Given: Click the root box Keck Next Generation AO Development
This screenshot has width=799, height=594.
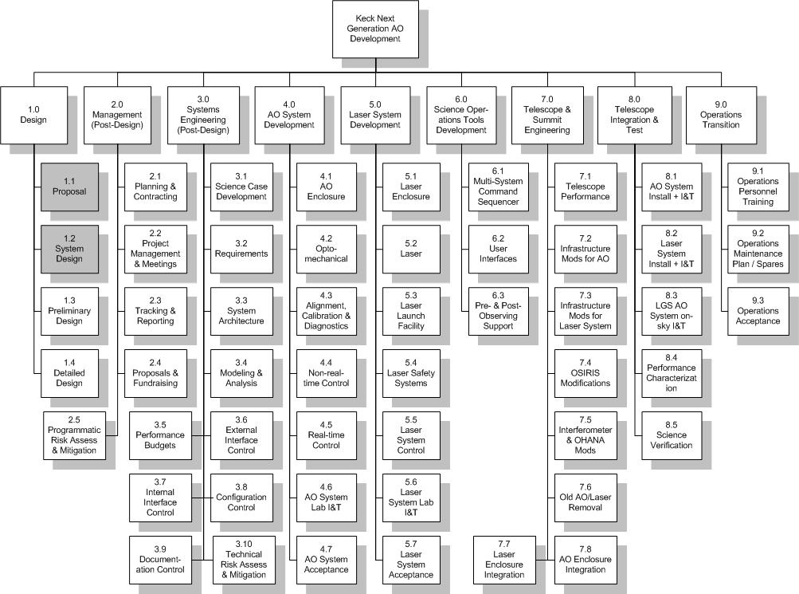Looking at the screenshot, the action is click(375, 29).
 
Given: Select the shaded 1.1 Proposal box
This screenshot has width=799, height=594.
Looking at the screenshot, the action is click(69, 187).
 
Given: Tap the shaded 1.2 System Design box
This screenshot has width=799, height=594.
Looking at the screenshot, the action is click(69, 250).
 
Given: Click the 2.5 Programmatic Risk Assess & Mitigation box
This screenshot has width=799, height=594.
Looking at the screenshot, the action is click(74, 436).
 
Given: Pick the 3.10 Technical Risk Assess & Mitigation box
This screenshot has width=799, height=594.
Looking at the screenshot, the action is click(244, 560).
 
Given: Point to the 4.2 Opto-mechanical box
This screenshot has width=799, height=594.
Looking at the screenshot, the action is click(326, 250).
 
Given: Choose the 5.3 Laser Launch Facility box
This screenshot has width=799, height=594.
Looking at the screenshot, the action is click(411, 312).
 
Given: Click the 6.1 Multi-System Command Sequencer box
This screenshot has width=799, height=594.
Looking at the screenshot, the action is click(499, 187).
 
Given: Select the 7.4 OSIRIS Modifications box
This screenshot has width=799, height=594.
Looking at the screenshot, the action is click(586, 374).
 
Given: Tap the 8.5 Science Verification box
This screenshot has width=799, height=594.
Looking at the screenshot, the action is click(672, 436).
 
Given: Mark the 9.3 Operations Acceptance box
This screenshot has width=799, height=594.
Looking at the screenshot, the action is click(758, 312).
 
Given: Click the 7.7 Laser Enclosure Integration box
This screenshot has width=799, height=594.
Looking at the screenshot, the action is click(504, 560).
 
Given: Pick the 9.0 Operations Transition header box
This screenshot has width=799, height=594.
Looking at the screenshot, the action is click(721, 116).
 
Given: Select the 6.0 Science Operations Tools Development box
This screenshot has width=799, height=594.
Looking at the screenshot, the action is click(461, 116).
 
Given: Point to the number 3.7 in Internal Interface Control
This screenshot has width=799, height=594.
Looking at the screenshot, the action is click(160, 482).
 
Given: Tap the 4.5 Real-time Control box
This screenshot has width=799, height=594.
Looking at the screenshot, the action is click(326, 436).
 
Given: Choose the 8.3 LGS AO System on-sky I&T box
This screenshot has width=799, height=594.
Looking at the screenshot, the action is click(672, 312).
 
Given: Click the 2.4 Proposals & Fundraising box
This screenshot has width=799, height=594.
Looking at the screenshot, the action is click(155, 374).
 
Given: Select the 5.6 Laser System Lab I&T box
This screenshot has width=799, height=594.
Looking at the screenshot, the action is click(411, 498).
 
